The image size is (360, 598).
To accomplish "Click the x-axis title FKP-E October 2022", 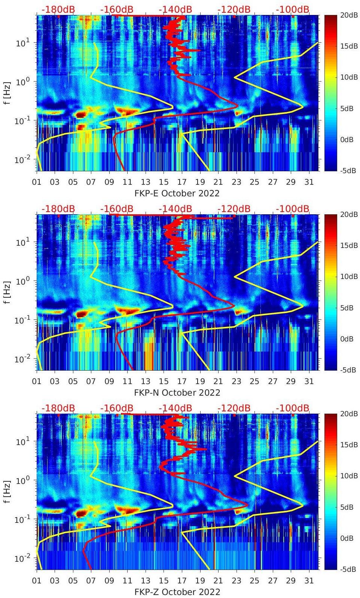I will pyautogui.click(x=177, y=193).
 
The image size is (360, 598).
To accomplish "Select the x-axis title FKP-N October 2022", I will pyautogui.click(x=177, y=393).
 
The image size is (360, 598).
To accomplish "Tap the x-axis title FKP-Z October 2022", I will pyautogui.click(x=177, y=592).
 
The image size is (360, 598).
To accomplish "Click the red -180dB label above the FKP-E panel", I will pyautogui.click(x=58, y=10).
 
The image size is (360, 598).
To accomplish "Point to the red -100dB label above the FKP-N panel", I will pyautogui.click(x=293, y=209).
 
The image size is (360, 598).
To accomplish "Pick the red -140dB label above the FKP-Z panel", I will pyautogui.click(x=175, y=408).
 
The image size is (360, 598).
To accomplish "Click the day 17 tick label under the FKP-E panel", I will pyautogui.click(x=182, y=182).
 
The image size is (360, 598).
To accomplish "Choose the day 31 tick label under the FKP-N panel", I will pyautogui.click(x=309, y=381).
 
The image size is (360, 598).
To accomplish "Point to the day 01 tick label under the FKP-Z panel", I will pyautogui.click(x=37, y=581).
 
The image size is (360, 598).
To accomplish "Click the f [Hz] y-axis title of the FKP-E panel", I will pyautogui.click(x=7, y=92).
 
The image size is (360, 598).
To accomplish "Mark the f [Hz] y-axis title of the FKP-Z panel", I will pyautogui.click(x=7, y=491).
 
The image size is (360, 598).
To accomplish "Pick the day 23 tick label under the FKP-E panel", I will pyautogui.click(x=236, y=182).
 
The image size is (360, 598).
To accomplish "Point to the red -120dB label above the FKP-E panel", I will pyautogui.click(x=234, y=10).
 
